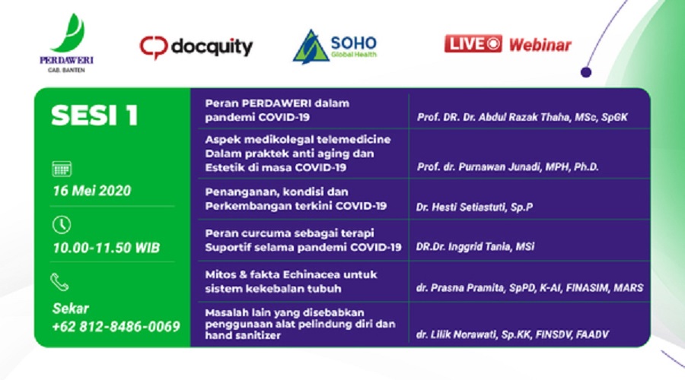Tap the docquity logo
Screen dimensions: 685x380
pos(196,46)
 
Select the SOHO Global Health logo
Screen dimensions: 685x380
pos(335,46)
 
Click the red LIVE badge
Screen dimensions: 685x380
pos(473,44)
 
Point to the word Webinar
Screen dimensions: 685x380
pos(540,45)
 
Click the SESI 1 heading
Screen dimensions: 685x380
pos(95,116)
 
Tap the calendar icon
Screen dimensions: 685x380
pos(62,169)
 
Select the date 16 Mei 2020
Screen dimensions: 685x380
pos(92,191)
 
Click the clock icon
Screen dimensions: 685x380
pos(62,225)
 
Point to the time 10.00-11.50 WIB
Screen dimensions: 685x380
pos(106,248)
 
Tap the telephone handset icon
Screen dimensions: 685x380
pos(59,282)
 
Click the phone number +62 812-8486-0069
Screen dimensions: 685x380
pos(116,326)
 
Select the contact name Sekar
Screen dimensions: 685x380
pos(70,309)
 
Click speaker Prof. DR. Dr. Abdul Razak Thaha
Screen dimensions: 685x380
pos(522,117)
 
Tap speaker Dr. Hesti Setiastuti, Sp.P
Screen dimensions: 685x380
pos(474,207)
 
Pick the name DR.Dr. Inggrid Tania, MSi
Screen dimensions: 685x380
pos(475,247)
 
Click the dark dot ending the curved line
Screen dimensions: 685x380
pos(586,72)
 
